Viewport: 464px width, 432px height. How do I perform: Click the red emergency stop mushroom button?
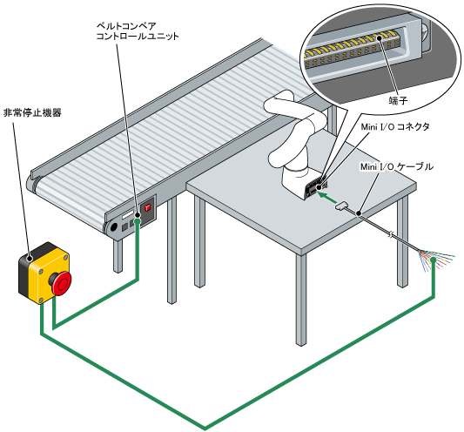62,284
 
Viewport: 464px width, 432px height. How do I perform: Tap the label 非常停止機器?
32,113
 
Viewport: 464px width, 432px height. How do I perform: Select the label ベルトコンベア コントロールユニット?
138,31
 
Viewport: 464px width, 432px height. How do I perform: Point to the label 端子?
398,101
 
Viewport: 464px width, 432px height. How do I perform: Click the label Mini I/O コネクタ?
395,127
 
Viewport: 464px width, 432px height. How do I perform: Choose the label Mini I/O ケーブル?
396,166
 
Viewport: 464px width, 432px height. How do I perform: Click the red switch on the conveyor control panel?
147,207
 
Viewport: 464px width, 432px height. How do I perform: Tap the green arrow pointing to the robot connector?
327,197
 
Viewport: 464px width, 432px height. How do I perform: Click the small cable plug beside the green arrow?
343,206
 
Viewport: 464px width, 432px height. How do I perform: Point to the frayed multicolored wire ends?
435,260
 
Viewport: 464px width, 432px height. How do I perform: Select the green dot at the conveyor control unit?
137,221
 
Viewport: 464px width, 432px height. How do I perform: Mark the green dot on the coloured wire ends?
434,260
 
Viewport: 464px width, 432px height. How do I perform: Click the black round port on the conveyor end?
113,227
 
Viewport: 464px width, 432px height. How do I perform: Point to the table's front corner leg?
301,299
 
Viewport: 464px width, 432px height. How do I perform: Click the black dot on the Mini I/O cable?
359,213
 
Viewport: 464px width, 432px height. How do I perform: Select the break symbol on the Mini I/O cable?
390,234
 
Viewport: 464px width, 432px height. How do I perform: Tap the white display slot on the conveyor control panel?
128,214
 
